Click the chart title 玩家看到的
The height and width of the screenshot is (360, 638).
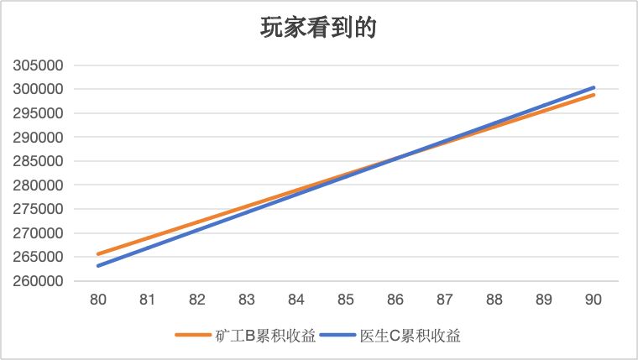(x=318, y=28)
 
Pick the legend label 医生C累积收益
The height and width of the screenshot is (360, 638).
(x=410, y=336)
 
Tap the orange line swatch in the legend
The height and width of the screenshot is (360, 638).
(x=194, y=336)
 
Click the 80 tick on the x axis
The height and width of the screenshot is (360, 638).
(x=97, y=299)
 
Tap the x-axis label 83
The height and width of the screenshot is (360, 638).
(x=247, y=299)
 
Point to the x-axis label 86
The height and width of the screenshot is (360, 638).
(x=395, y=299)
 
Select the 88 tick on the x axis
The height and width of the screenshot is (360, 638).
(x=494, y=299)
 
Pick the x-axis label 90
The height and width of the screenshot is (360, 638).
(x=594, y=299)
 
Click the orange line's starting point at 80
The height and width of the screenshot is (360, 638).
(x=98, y=254)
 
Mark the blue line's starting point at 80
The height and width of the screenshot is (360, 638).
(x=98, y=266)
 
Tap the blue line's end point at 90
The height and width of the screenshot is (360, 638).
(x=594, y=87)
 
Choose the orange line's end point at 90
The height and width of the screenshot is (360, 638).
(x=594, y=95)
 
